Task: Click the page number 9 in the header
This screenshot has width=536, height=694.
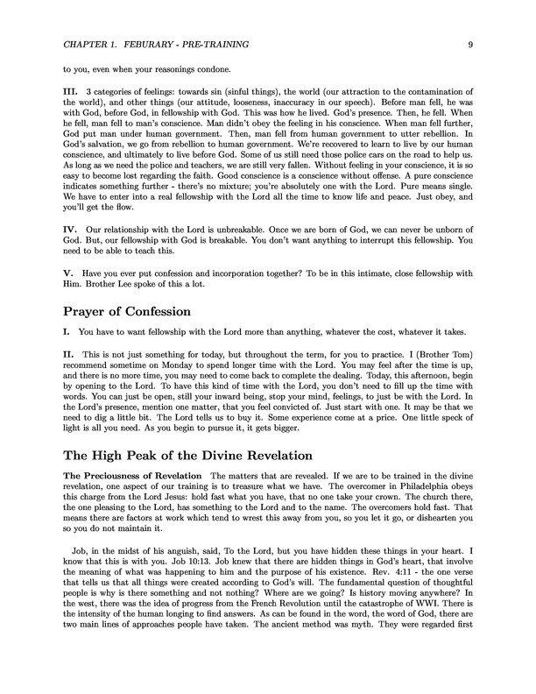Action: click(471, 43)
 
